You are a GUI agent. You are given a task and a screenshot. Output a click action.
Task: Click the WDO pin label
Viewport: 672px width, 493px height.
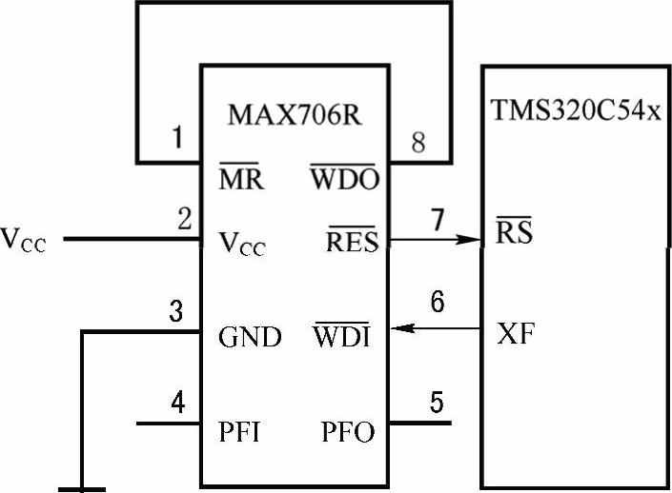[344, 178]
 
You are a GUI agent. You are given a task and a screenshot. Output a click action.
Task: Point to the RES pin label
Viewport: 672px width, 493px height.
[352, 243]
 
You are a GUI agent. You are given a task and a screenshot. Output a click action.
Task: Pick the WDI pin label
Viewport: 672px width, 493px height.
[340, 336]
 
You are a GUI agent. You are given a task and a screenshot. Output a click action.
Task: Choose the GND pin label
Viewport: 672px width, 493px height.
[250, 338]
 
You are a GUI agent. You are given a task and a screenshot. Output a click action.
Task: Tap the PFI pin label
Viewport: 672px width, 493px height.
[240, 432]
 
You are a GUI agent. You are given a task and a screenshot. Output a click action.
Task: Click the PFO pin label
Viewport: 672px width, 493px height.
[348, 432]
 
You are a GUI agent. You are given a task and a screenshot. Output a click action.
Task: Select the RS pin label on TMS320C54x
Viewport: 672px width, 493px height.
[514, 230]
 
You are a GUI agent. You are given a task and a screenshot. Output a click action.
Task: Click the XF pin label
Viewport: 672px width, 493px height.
[515, 334]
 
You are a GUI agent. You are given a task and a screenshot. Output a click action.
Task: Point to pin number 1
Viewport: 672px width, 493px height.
[176, 140]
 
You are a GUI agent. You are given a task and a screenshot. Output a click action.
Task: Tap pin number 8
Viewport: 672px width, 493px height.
[417, 143]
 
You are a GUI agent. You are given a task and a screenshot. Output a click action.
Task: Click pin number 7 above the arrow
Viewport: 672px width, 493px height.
[437, 220]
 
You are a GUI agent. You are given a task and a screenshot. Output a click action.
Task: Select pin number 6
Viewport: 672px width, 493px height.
[437, 303]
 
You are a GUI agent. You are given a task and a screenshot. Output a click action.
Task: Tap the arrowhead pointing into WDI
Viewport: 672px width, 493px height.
[404, 329]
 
